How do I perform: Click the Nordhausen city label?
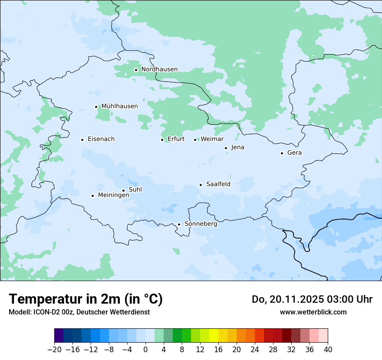[x=159, y=69]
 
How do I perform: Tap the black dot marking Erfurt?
[x=162, y=140]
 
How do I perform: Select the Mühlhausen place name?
[x=119, y=106]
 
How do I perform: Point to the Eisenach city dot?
[x=82, y=140]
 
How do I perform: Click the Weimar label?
[x=212, y=139]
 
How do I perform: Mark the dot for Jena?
[x=226, y=148]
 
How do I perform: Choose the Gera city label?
[x=294, y=153]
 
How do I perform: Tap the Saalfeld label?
[x=218, y=184]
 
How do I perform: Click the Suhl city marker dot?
[x=123, y=190]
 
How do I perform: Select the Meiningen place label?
[x=113, y=196]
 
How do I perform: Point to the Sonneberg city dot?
[x=179, y=225]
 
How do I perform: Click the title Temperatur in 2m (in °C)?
[x=86, y=299]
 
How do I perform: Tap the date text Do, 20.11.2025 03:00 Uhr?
[x=312, y=299]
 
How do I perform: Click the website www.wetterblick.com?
[x=313, y=312]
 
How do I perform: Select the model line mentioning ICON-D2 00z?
[x=79, y=312]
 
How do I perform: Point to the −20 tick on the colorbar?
[x=55, y=350]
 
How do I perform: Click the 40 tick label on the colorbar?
[x=328, y=350]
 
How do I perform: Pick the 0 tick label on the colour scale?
[x=145, y=350]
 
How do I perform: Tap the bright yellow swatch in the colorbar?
[x=214, y=336]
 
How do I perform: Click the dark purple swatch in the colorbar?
[x=59, y=336]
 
